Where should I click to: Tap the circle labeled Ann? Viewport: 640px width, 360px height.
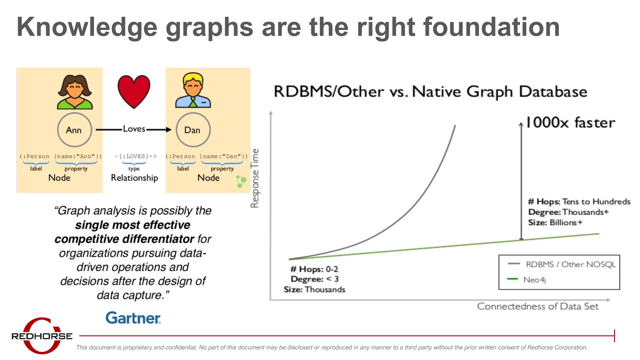pos(74,130)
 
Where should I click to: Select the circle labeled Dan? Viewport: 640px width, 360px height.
pos(193,130)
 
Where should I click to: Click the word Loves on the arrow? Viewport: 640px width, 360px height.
pos(134,129)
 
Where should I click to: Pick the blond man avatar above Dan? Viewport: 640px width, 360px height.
pos(193,91)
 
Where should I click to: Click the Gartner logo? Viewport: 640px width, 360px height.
pos(133,318)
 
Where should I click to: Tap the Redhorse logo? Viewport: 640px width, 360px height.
pos(42,336)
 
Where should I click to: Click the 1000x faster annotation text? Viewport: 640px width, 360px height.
pos(570,122)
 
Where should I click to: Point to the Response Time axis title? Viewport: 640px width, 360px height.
pos(255,178)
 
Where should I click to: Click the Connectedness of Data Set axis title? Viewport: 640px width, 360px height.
pos(537,306)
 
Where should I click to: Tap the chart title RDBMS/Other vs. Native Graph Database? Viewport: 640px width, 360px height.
pos(430,92)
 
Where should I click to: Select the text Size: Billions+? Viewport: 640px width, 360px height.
pos(555,222)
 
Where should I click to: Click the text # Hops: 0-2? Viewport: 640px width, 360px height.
pos(314,269)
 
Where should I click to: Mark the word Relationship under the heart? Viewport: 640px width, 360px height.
pos(134,178)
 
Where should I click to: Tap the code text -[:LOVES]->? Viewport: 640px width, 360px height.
pos(135,156)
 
